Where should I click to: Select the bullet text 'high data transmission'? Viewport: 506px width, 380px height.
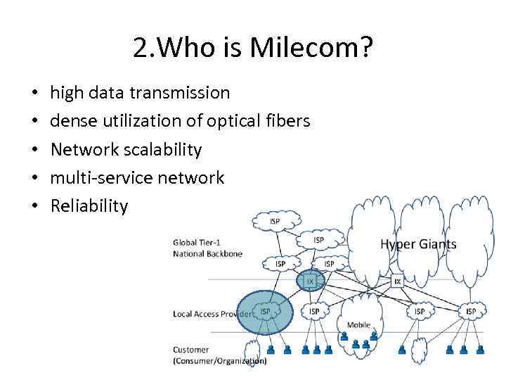(x=140, y=92)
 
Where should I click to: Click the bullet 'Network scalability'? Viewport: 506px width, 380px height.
(x=126, y=150)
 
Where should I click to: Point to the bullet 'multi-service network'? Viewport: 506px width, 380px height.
(x=137, y=178)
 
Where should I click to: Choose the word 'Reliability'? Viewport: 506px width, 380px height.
(x=89, y=206)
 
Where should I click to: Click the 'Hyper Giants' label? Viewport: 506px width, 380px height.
(x=418, y=245)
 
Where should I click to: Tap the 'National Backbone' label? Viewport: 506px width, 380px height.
(x=207, y=253)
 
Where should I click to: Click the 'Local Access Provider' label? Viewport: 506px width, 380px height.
(x=211, y=314)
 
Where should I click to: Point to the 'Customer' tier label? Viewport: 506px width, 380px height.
(x=190, y=350)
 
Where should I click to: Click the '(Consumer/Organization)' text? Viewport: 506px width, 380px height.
(x=219, y=361)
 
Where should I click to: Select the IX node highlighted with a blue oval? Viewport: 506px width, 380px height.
(x=310, y=281)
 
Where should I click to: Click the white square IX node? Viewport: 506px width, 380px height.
(x=397, y=281)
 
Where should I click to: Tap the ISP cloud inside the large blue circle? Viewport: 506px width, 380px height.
(x=266, y=312)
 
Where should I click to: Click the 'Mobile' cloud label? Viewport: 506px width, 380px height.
(x=358, y=325)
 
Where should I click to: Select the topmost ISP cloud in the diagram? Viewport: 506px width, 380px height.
(x=274, y=222)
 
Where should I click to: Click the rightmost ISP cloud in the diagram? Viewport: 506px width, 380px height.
(x=470, y=311)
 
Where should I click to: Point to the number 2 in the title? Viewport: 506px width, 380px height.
(x=138, y=49)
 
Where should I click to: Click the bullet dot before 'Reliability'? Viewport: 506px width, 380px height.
(x=34, y=207)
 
